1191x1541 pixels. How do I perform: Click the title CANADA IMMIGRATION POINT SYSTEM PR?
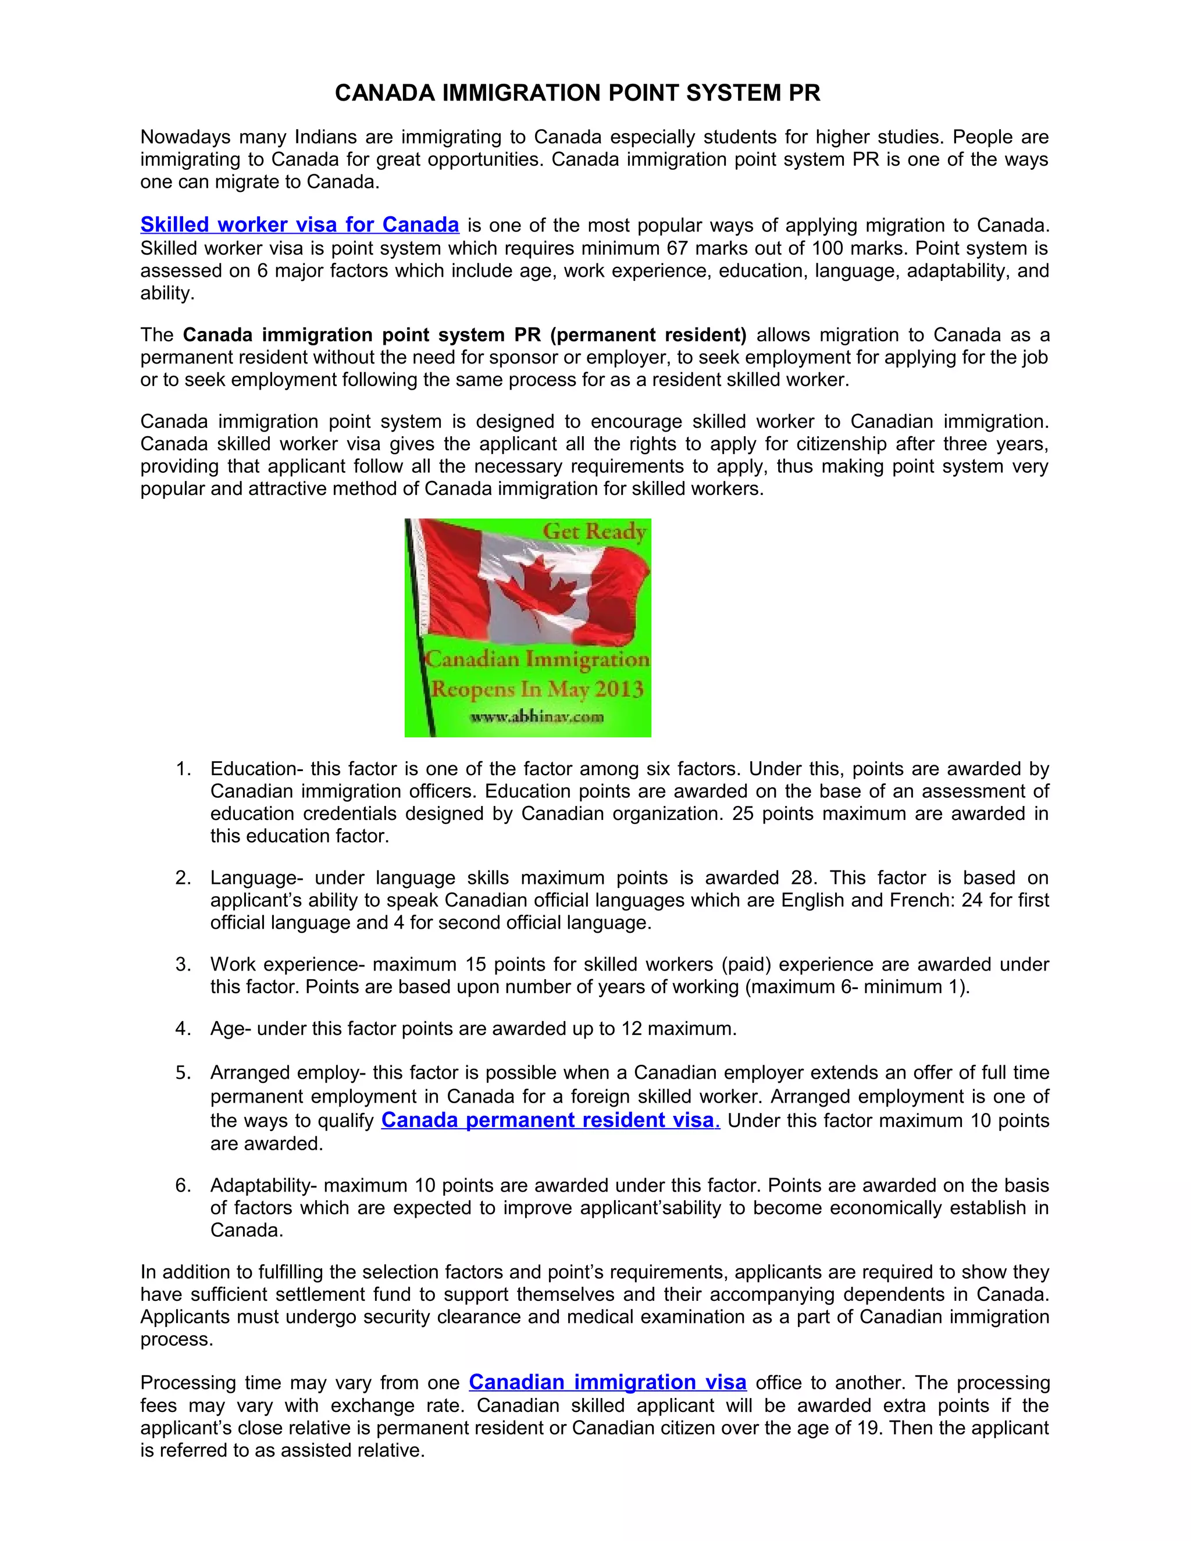(577, 93)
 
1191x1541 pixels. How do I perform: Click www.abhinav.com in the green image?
(537, 717)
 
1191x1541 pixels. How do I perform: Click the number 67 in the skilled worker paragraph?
(678, 248)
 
